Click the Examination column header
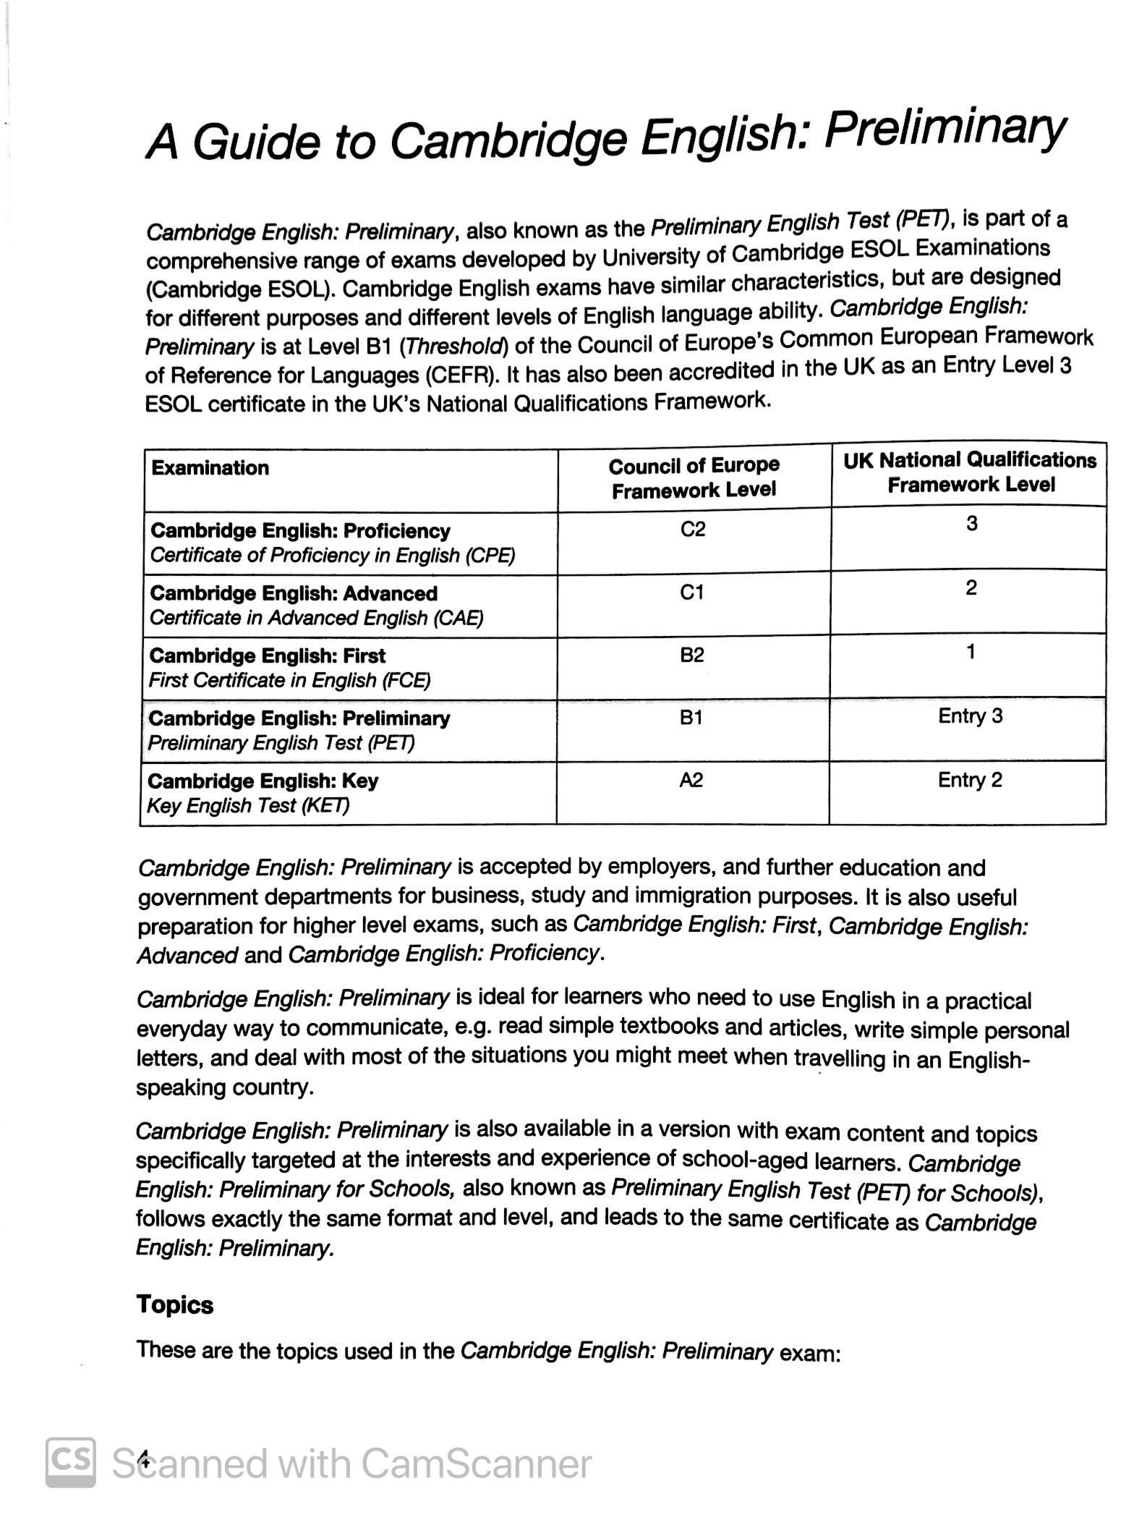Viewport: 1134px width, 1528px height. click(x=210, y=468)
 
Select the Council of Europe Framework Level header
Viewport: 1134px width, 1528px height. click(x=694, y=477)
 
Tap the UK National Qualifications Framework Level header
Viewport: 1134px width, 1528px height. click(x=970, y=472)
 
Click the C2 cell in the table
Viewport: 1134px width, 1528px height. click(x=693, y=530)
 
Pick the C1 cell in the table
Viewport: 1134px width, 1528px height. click(x=692, y=593)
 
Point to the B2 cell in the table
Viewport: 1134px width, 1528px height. click(x=692, y=655)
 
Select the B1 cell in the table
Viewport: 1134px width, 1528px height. click(x=691, y=718)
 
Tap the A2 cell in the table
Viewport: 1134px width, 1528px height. click(x=691, y=780)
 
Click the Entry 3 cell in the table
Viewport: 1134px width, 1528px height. click(x=970, y=716)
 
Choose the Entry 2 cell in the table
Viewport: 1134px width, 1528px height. click(x=970, y=780)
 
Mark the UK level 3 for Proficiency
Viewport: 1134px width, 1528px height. click(x=971, y=523)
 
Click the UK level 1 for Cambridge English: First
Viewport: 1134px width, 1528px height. click(x=971, y=652)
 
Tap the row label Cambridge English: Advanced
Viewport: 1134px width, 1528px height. click(x=294, y=593)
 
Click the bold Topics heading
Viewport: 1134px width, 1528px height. click(x=175, y=1305)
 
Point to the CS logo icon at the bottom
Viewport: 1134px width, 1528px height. click(x=71, y=1463)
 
